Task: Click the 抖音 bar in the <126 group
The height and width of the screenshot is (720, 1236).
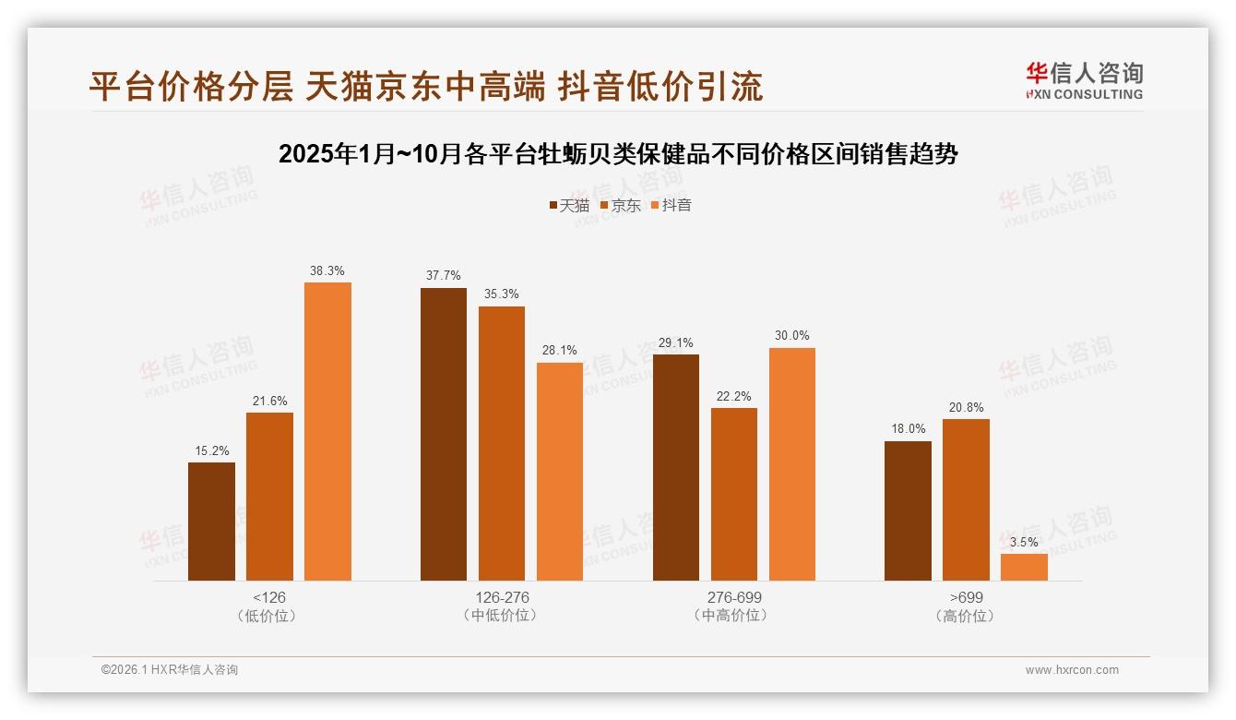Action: [327, 431]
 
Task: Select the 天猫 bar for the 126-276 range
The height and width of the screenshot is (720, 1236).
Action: [444, 434]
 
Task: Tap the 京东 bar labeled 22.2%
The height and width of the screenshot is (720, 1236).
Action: [733, 494]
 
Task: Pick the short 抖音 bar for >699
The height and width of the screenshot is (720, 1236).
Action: [1024, 567]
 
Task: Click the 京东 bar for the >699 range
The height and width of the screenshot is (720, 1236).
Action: [966, 499]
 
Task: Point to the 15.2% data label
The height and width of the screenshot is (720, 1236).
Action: [211, 450]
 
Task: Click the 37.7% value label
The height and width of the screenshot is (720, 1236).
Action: [444, 276]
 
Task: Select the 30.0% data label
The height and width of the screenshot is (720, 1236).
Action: [791, 336]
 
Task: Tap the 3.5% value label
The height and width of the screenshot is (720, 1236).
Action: [1024, 542]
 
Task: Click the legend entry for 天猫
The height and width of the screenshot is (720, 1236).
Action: [568, 206]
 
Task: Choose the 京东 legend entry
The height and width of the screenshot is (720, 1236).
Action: [620, 206]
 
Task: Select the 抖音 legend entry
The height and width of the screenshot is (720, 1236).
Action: [671, 206]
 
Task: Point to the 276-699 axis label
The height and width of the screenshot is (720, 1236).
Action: [734, 597]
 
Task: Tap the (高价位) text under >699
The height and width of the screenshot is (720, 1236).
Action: [966, 616]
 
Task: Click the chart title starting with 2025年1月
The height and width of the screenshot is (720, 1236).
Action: [617, 154]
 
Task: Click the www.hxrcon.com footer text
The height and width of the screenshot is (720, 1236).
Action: [1071, 670]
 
